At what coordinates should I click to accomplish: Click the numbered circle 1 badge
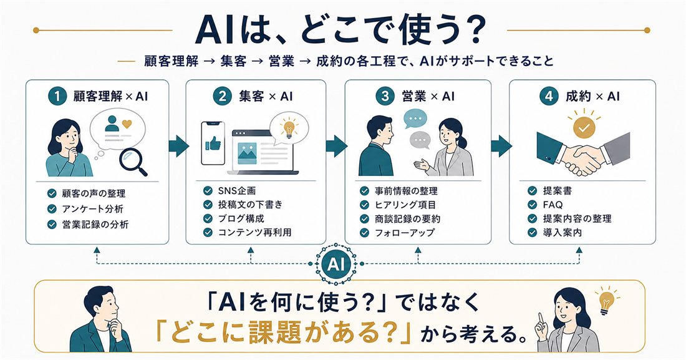(57, 96)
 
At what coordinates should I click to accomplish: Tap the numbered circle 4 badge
(549, 96)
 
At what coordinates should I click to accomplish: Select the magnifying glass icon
(134, 162)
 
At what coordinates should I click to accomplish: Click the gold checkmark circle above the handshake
(584, 127)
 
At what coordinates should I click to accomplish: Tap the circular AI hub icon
(336, 264)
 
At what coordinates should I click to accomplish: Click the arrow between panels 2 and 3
(337, 146)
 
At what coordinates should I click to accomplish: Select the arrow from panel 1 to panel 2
(178, 146)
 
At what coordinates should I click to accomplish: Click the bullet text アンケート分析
(93, 209)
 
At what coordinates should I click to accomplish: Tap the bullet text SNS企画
(237, 190)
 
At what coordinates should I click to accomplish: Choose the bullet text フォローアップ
(404, 233)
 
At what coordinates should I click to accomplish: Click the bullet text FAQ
(553, 205)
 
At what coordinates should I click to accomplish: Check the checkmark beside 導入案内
(532, 232)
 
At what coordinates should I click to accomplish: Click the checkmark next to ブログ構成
(208, 218)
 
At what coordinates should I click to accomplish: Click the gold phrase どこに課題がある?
(284, 334)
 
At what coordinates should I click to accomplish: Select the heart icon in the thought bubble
(127, 124)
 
